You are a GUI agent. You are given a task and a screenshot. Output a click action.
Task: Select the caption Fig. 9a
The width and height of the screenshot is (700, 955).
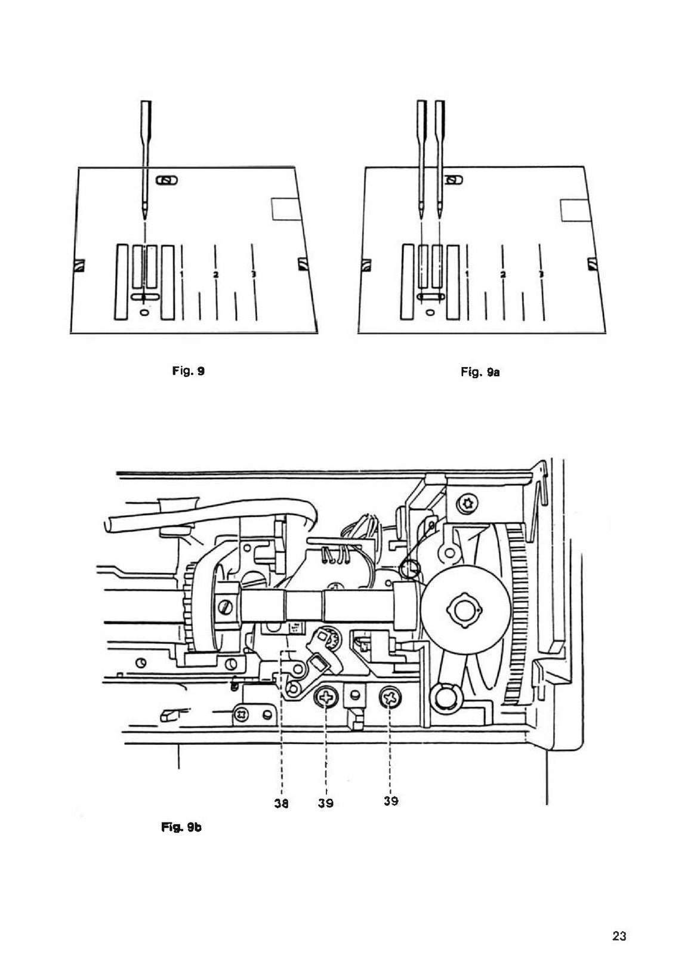tap(480, 372)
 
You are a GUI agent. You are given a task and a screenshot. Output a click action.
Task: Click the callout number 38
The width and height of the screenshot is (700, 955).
tap(281, 803)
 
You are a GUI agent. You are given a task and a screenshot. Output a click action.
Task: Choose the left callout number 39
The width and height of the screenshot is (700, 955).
tap(326, 803)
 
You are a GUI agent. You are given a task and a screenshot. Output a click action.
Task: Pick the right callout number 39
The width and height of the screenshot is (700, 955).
tap(391, 801)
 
